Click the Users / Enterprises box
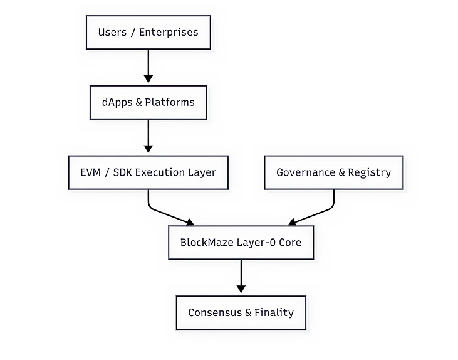click(x=148, y=32)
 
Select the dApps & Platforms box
click(x=148, y=102)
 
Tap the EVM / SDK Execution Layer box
click(x=148, y=172)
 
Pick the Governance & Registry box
click(x=333, y=172)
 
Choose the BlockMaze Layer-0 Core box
click(x=241, y=242)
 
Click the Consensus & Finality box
click(x=241, y=312)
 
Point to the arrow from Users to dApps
click(x=148, y=66)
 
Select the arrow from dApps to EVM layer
click(x=148, y=136)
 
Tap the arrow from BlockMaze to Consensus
click(x=241, y=277)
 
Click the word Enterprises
click(x=169, y=32)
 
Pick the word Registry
click(x=369, y=172)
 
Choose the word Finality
click(x=274, y=312)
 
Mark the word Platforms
click(x=170, y=102)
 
